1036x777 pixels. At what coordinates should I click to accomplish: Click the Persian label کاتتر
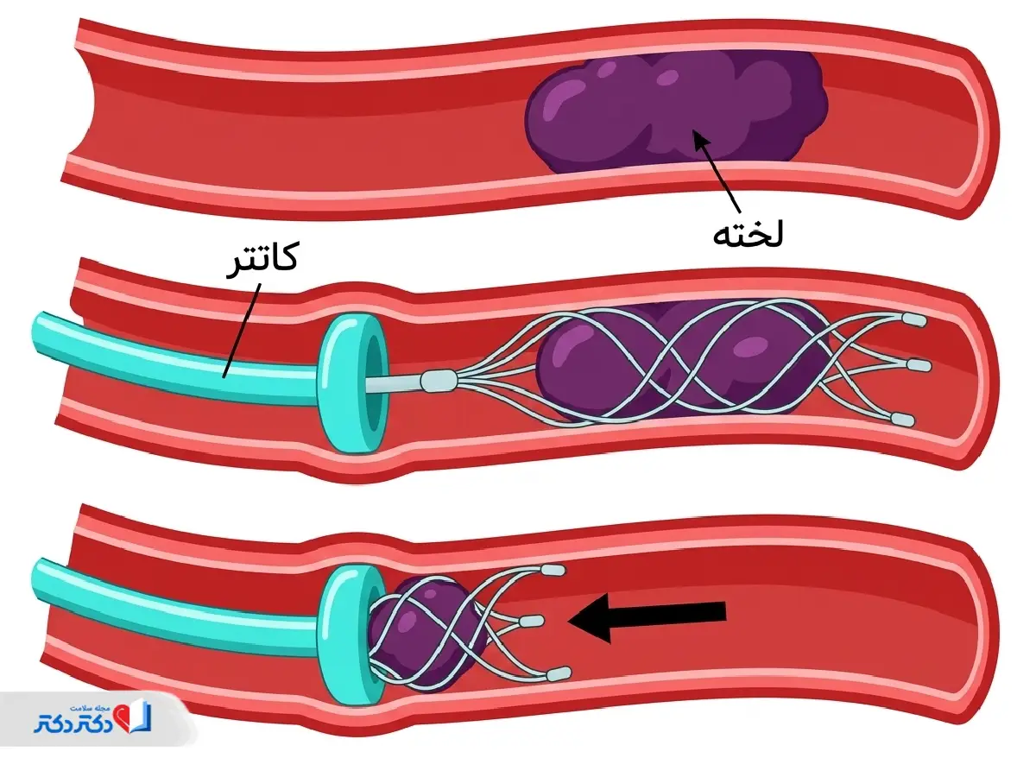pyautogui.click(x=262, y=259)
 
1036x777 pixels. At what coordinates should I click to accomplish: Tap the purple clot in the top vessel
pyautogui.click(x=675, y=110)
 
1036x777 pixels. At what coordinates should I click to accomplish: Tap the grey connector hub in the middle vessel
pyautogui.click(x=439, y=382)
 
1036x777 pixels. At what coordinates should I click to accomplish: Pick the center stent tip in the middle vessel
pyautogui.click(x=918, y=365)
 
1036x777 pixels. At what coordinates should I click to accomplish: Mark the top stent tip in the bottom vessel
pyautogui.click(x=553, y=569)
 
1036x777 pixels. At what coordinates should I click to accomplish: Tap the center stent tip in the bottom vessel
pyautogui.click(x=530, y=622)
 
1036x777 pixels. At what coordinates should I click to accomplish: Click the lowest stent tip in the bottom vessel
pyautogui.click(x=559, y=673)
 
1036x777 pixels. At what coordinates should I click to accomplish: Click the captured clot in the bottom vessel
pyautogui.click(x=427, y=634)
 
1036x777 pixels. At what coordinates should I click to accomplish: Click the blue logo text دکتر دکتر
pyautogui.click(x=74, y=723)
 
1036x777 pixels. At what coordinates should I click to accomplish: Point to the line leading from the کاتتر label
pyautogui.click(x=242, y=331)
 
